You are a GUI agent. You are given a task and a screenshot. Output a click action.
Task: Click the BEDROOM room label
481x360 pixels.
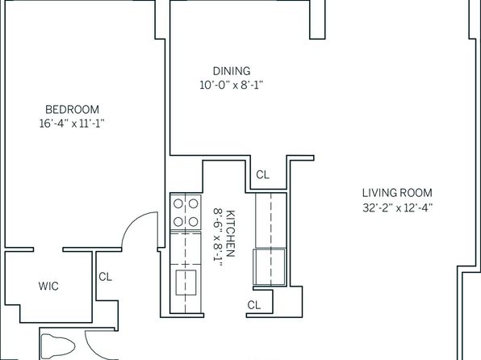(x=72, y=110)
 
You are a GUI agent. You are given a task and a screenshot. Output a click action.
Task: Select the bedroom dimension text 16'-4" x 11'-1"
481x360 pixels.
(x=72, y=123)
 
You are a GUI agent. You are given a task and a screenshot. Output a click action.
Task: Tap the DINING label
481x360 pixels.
(x=232, y=71)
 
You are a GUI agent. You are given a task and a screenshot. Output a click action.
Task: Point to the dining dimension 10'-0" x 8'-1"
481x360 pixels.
(x=232, y=85)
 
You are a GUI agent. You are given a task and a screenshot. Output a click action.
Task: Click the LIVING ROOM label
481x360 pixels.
(x=397, y=193)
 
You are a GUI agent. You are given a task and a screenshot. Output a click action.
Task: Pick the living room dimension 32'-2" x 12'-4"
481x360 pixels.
(x=397, y=207)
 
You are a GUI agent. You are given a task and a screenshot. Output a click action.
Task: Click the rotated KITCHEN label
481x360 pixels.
(x=230, y=233)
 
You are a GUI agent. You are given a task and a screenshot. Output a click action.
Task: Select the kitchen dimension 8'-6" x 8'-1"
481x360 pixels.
(x=217, y=235)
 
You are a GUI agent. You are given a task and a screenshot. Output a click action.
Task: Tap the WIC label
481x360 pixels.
(x=48, y=286)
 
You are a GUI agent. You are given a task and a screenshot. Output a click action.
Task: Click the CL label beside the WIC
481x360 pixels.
(x=105, y=277)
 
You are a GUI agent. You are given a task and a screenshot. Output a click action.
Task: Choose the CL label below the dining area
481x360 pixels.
(x=262, y=175)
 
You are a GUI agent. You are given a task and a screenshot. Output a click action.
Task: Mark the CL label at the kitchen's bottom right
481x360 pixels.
(x=254, y=305)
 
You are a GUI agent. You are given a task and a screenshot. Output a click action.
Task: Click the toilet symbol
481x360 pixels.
(x=57, y=347)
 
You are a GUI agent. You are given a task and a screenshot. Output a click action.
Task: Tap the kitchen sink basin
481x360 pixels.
(x=186, y=283)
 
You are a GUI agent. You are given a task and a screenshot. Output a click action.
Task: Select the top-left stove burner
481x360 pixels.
(x=178, y=203)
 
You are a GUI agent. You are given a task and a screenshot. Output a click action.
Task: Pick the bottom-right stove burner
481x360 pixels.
(x=193, y=221)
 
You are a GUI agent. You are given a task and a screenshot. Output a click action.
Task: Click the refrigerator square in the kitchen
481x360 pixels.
(x=270, y=266)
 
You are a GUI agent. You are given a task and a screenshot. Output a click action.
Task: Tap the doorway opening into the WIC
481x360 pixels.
(x=48, y=249)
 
